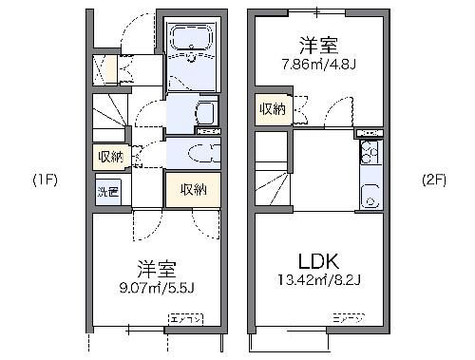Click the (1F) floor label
(45, 180)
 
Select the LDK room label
(320, 260)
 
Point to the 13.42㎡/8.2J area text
(320, 281)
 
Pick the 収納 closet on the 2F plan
(270, 108)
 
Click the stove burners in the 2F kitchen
(369, 152)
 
